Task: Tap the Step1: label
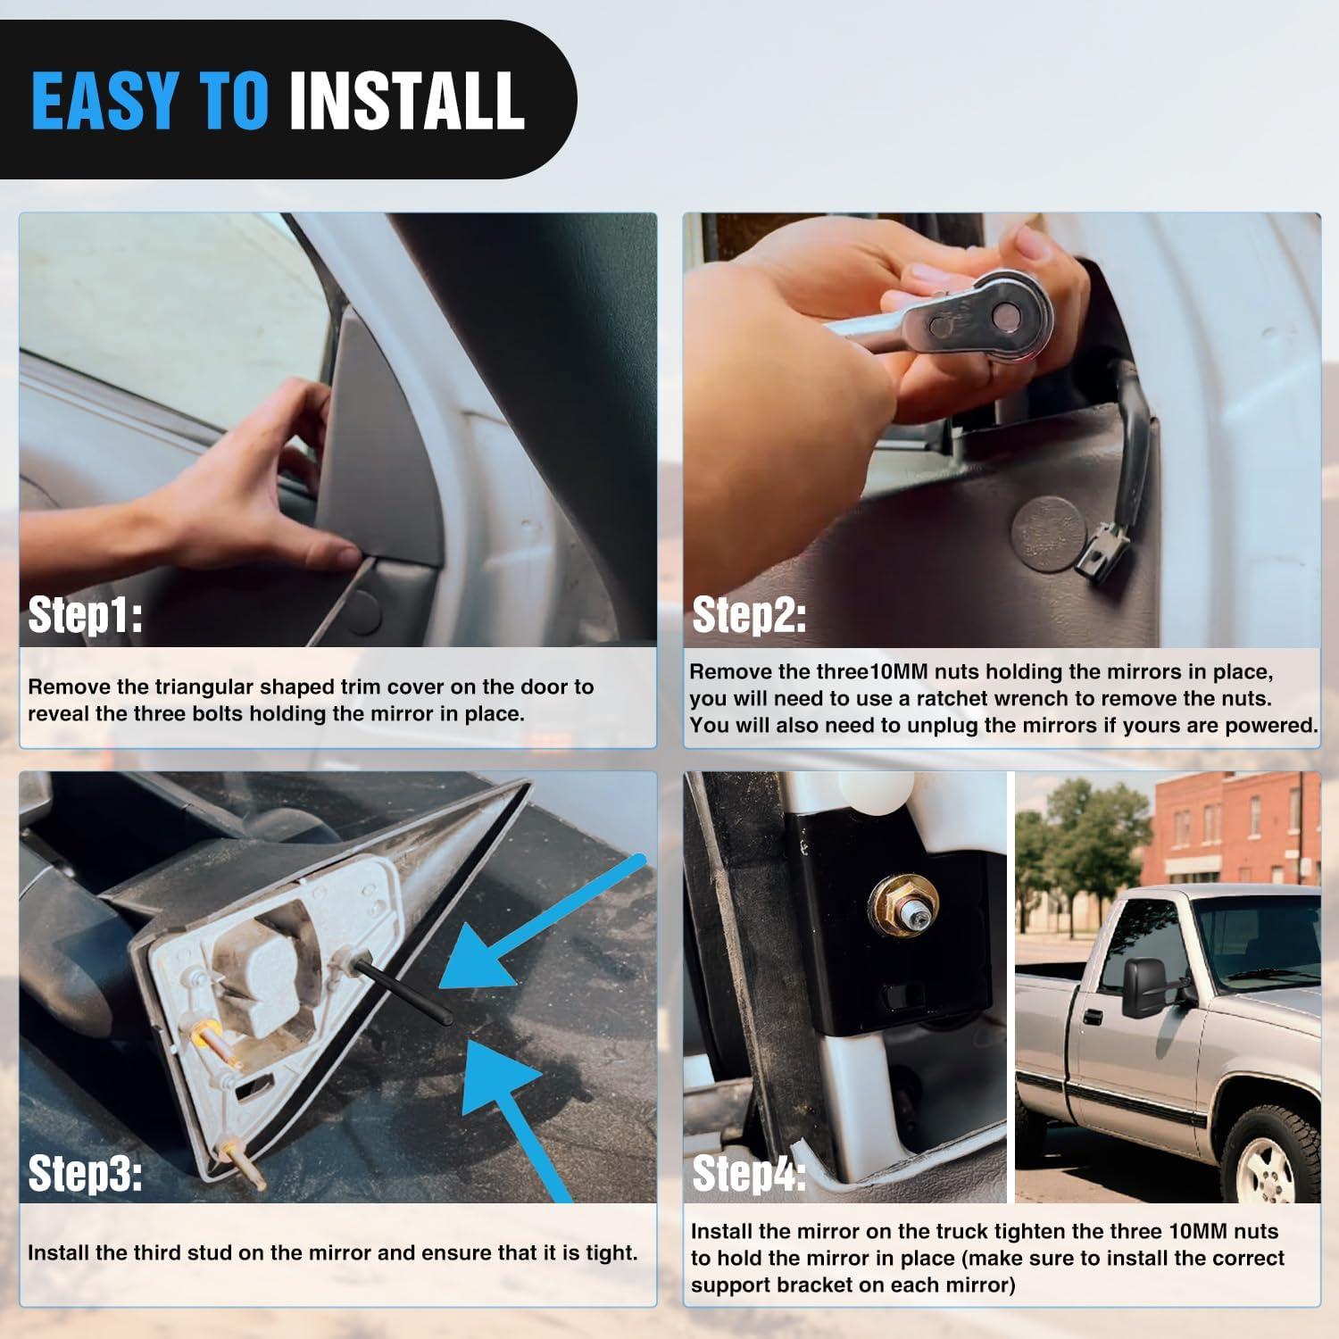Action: [85, 615]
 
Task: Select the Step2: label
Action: [749, 615]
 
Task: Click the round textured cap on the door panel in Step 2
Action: [1048, 534]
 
